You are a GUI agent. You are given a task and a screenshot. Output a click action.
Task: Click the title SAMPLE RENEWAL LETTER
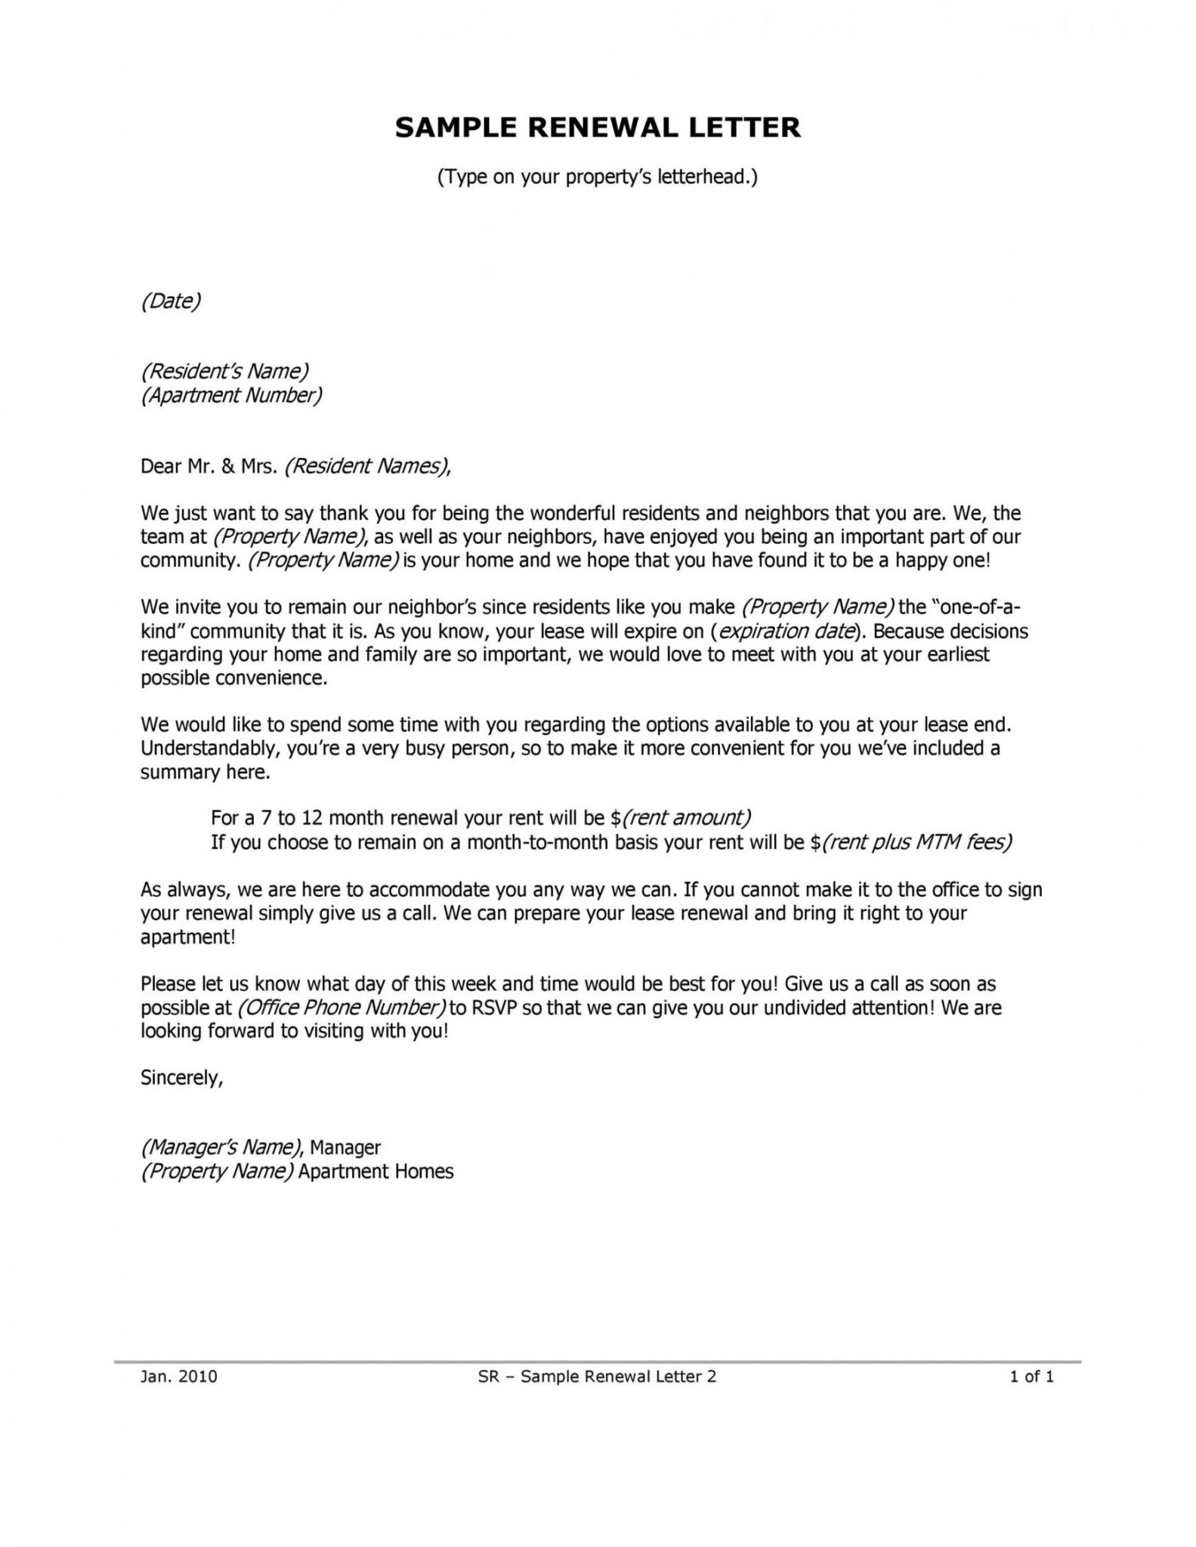(597, 128)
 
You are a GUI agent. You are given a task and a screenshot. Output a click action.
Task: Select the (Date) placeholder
(171, 301)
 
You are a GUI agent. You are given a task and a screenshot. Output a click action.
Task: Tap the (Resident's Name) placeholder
(225, 371)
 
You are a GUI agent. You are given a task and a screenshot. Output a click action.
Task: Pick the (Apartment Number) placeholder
(231, 395)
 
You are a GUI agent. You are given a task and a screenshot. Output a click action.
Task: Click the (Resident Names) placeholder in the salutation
(366, 466)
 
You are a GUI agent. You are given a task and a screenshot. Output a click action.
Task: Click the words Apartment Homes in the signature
(375, 1172)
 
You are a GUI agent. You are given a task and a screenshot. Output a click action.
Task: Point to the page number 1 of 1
(1031, 1376)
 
